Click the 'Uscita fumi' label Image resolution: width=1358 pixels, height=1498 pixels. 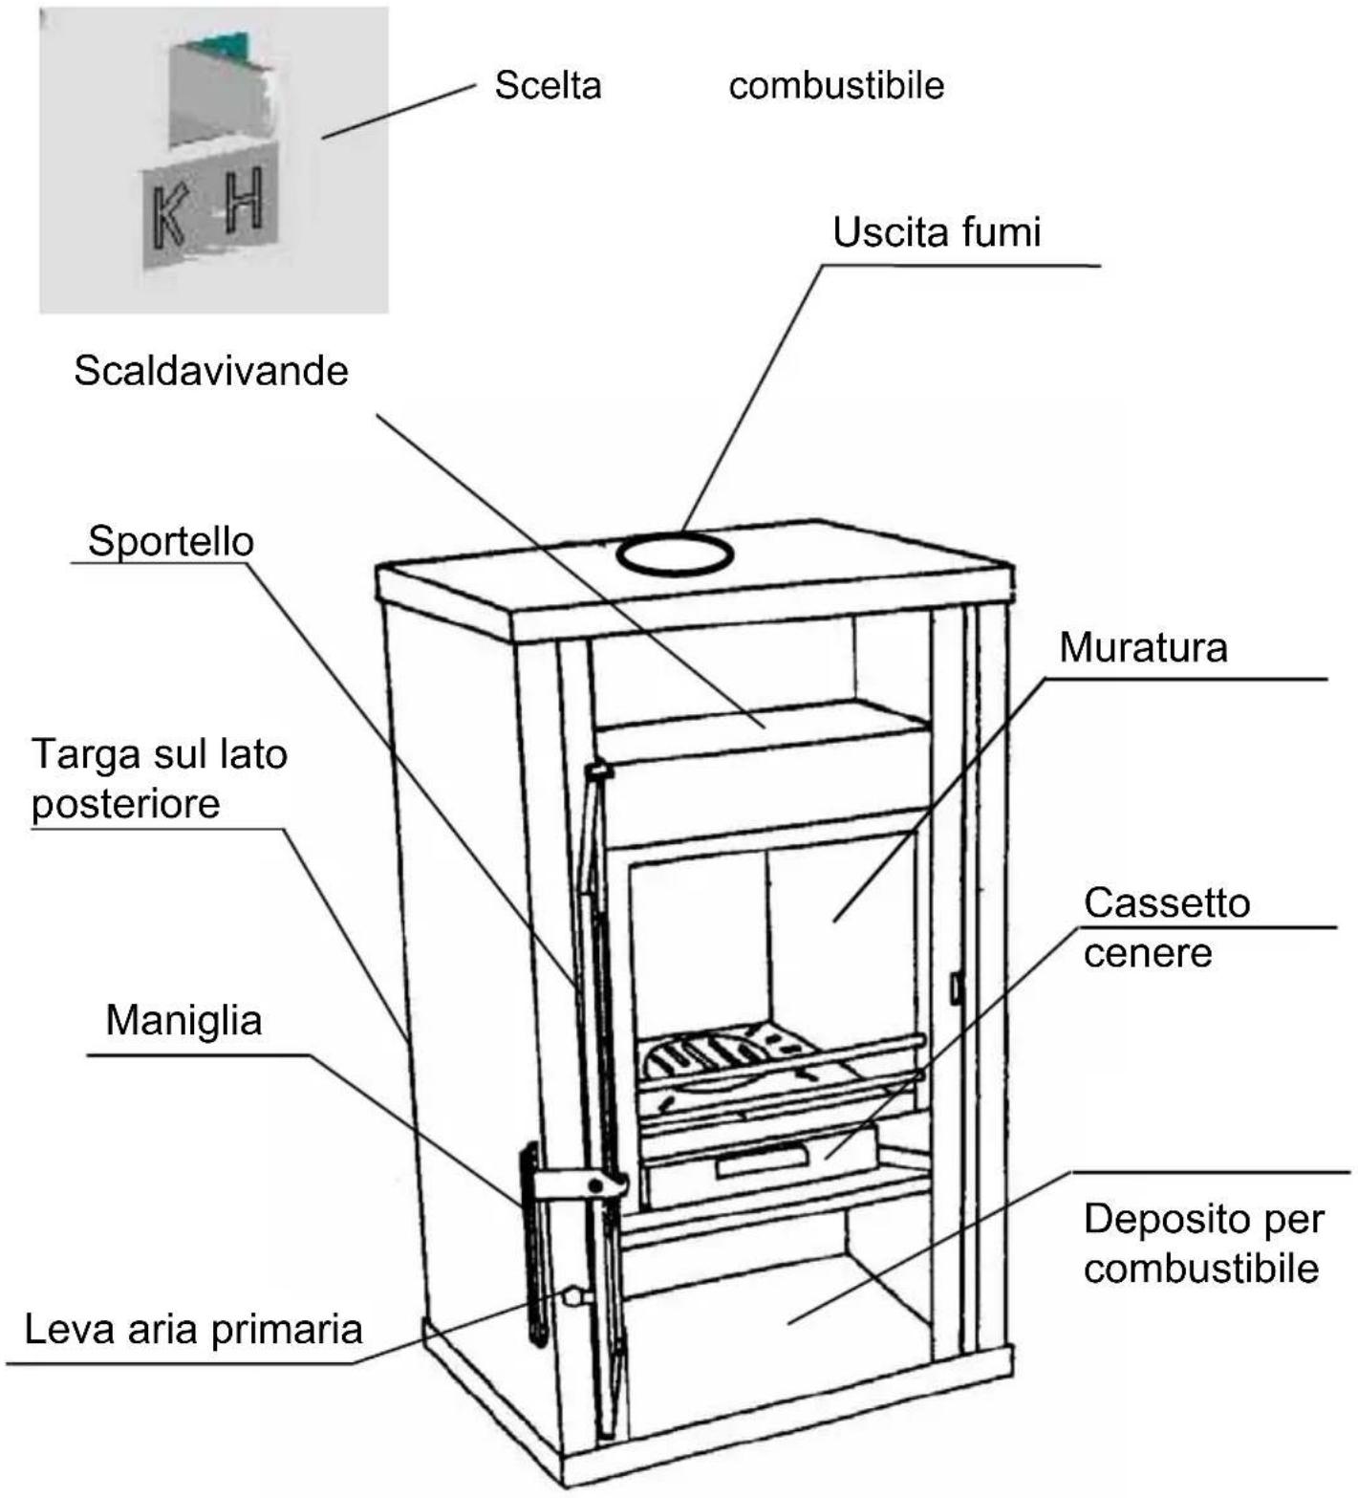[x=936, y=232]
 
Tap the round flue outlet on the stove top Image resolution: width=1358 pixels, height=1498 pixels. [x=675, y=554]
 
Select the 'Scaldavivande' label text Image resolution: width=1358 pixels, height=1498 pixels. [x=211, y=371]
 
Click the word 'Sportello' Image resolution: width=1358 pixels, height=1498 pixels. [x=170, y=541]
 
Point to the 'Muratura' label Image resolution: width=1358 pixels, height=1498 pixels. [x=1143, y=648]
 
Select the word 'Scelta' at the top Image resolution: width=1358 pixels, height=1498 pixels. [x=548, y=85]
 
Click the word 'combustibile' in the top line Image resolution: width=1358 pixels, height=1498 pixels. [x=836, y=85]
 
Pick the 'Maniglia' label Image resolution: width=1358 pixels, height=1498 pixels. [x=183, y=1020]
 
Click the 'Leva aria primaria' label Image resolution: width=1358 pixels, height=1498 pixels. [x=193, y=1329]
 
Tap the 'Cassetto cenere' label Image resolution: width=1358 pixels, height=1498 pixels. [x=1166, y=927]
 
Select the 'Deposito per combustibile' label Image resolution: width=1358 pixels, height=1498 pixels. [x=1202, y=1244]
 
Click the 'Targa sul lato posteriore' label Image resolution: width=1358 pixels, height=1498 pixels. [x=159, y=778]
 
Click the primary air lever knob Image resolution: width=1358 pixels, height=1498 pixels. [x=573, y=1296]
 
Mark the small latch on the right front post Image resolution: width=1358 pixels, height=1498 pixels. [x=954, y=987]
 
